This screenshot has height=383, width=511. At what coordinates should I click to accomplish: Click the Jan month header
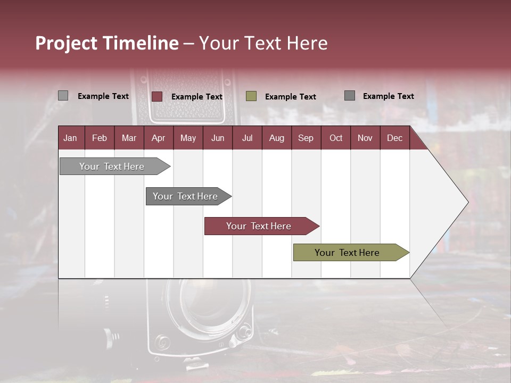70,138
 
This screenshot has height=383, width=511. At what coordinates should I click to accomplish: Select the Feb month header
100,138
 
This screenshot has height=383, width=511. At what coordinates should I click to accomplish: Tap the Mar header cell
129,138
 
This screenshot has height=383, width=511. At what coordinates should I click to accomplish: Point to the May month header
188,138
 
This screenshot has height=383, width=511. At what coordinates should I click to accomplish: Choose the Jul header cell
247,138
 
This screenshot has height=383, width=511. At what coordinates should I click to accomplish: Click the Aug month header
276,138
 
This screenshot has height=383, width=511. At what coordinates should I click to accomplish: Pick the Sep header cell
306,138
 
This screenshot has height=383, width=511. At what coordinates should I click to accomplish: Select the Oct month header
336,138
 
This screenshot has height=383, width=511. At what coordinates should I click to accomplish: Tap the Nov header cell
365,138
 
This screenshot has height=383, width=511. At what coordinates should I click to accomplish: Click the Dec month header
394,138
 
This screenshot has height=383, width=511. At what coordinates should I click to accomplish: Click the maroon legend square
157,96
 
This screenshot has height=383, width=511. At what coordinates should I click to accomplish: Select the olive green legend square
251,96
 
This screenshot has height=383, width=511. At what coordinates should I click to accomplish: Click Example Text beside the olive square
291,97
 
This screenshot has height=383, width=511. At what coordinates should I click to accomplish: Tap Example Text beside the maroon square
197,97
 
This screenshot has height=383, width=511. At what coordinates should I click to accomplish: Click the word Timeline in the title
141,43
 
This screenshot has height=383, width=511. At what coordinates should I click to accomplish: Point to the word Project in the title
66,43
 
